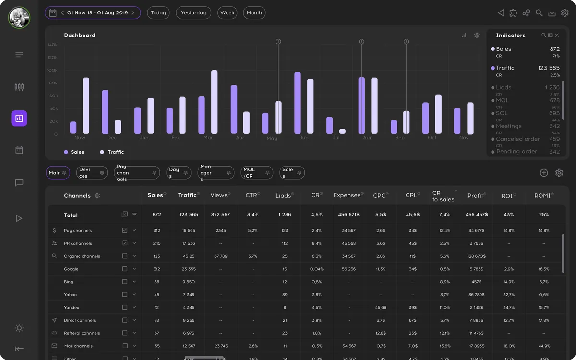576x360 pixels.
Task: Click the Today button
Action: [158, 13]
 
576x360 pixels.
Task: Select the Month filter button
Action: [254, 13]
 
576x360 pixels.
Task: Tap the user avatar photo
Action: [19, 18]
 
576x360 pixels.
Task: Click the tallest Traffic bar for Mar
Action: [214, 102]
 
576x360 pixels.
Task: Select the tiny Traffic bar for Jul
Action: [342, 131]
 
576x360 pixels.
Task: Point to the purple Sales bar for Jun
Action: [298, 103]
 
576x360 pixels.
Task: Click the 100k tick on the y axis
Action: [52, 70]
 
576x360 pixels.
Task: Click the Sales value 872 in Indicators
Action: [554, 49]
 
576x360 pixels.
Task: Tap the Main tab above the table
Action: [55, 173]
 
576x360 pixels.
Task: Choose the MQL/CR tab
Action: [249, 172]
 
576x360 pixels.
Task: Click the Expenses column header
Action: [347, 195]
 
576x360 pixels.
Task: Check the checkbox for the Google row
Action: [125, 269]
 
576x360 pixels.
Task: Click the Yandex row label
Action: [72, 308]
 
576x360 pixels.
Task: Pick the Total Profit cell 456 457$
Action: [476, 215]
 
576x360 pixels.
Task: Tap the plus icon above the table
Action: [544, 173]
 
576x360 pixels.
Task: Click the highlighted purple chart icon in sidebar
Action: [19, 118]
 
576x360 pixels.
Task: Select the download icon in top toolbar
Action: [552, 13]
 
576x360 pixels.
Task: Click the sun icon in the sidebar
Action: [19, 328]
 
